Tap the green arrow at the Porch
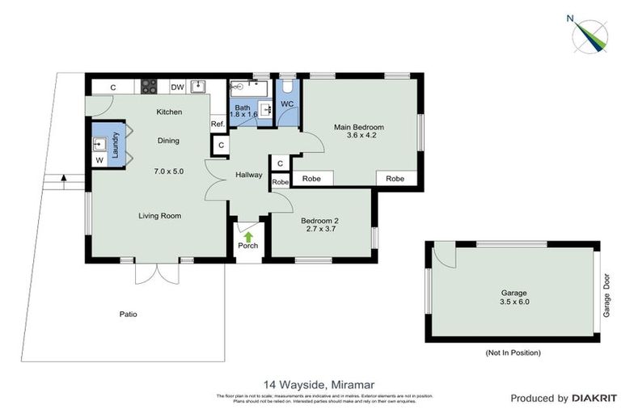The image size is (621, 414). [249, 237]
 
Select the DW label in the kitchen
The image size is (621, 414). [176, 87]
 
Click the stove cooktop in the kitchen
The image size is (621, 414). [150, 87]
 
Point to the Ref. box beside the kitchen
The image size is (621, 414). [217, 124]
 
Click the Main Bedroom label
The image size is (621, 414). [359, 128]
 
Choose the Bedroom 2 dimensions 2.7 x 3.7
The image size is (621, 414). [319, 230]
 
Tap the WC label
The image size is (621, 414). [287, 105]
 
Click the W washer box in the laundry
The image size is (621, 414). [99, 160]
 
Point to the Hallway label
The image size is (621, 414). [247, 175]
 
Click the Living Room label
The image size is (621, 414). [159, 215]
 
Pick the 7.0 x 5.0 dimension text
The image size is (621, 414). [169, 171]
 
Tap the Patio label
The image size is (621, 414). [128, 315]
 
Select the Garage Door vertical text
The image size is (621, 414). [606, 294]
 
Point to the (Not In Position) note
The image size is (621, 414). [512, 353]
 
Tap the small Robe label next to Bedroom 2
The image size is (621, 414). [280, 183]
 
